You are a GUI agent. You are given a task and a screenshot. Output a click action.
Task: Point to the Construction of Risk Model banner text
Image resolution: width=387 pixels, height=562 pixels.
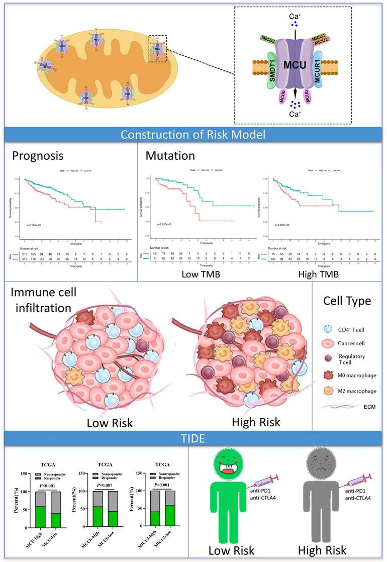click(x=193, y=135)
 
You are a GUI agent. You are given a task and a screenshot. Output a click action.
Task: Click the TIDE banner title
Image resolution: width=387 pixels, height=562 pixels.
click(x=193, y=438)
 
